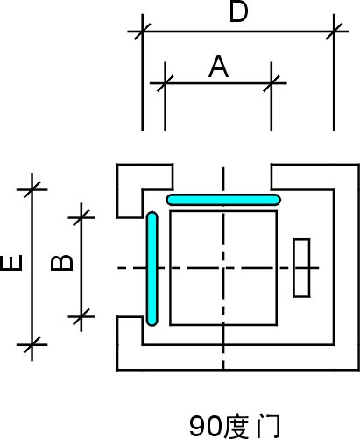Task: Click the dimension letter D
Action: coord(238,11)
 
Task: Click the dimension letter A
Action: coord(218,67)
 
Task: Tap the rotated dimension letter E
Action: coord(11,263)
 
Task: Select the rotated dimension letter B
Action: coord(61,263)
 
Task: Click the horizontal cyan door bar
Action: coord(223,200)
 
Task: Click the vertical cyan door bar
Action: coord(152,269)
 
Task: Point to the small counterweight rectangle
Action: coord(301,268)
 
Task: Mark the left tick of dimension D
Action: coord(142,31)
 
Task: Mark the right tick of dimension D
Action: coord(334,31)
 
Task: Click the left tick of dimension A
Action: coord(165,83)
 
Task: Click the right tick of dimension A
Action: coord(272,83)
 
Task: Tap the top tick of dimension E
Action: coord(32,189)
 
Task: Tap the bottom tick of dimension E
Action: coord(32,345)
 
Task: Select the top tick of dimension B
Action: coord(81,217)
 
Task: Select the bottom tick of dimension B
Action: coord(81,316)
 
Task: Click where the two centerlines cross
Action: coord(223,268)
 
